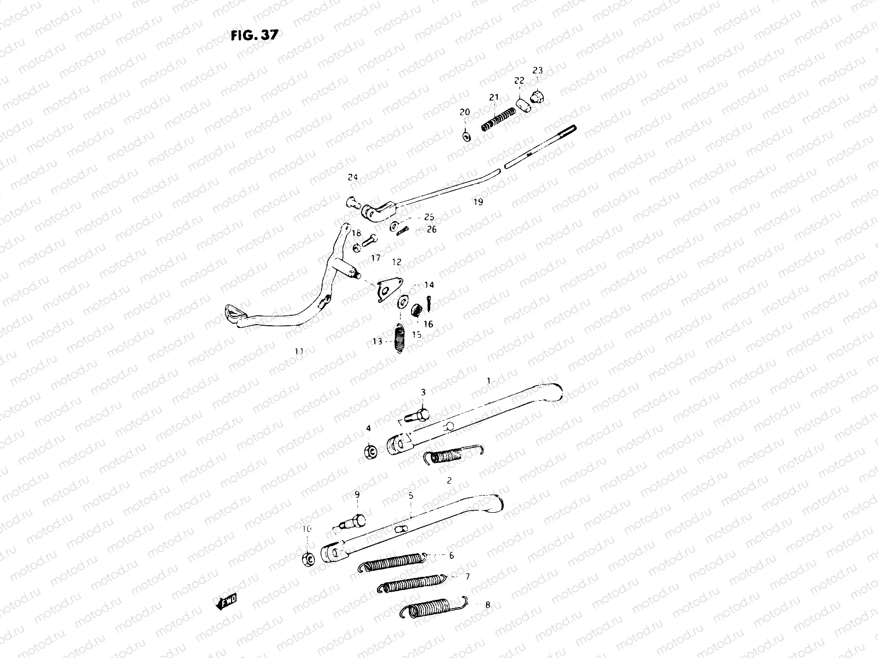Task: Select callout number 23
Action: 537,70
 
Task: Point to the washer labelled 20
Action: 466,135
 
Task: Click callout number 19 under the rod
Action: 478,202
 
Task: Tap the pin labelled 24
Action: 353,202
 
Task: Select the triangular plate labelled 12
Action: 389,288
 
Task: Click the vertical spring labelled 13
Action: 399,339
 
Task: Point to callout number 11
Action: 299,351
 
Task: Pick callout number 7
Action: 467,577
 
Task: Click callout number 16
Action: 428,324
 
